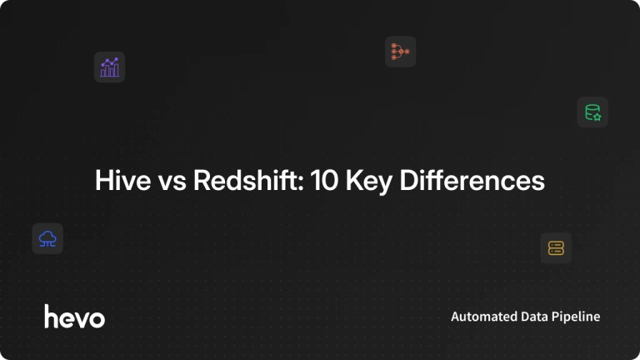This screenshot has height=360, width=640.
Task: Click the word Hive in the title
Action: coord(122,180)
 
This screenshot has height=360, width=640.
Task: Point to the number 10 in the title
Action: coord(324,180)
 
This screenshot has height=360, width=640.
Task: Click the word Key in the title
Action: coord(369,182)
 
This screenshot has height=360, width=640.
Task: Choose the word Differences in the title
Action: coord(472,180)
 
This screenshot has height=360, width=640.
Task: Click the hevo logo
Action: coord(75,317)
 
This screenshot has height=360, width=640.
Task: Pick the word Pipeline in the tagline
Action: coord(576,317)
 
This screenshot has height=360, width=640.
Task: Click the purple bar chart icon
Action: coord(109,67)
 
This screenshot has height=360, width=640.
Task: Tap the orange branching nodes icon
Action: coord(400,52)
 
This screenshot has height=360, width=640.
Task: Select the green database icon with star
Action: coord(592,112)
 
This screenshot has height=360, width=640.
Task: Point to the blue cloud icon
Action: coord(47,239)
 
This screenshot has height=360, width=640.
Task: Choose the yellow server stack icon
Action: coord(556,248)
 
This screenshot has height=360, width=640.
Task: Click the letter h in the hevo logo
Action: coord(52,317)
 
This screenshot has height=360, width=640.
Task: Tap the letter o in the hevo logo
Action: coord(97,319)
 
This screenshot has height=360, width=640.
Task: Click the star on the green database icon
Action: coord(597,117)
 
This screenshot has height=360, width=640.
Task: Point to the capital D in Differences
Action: coord(409,180)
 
